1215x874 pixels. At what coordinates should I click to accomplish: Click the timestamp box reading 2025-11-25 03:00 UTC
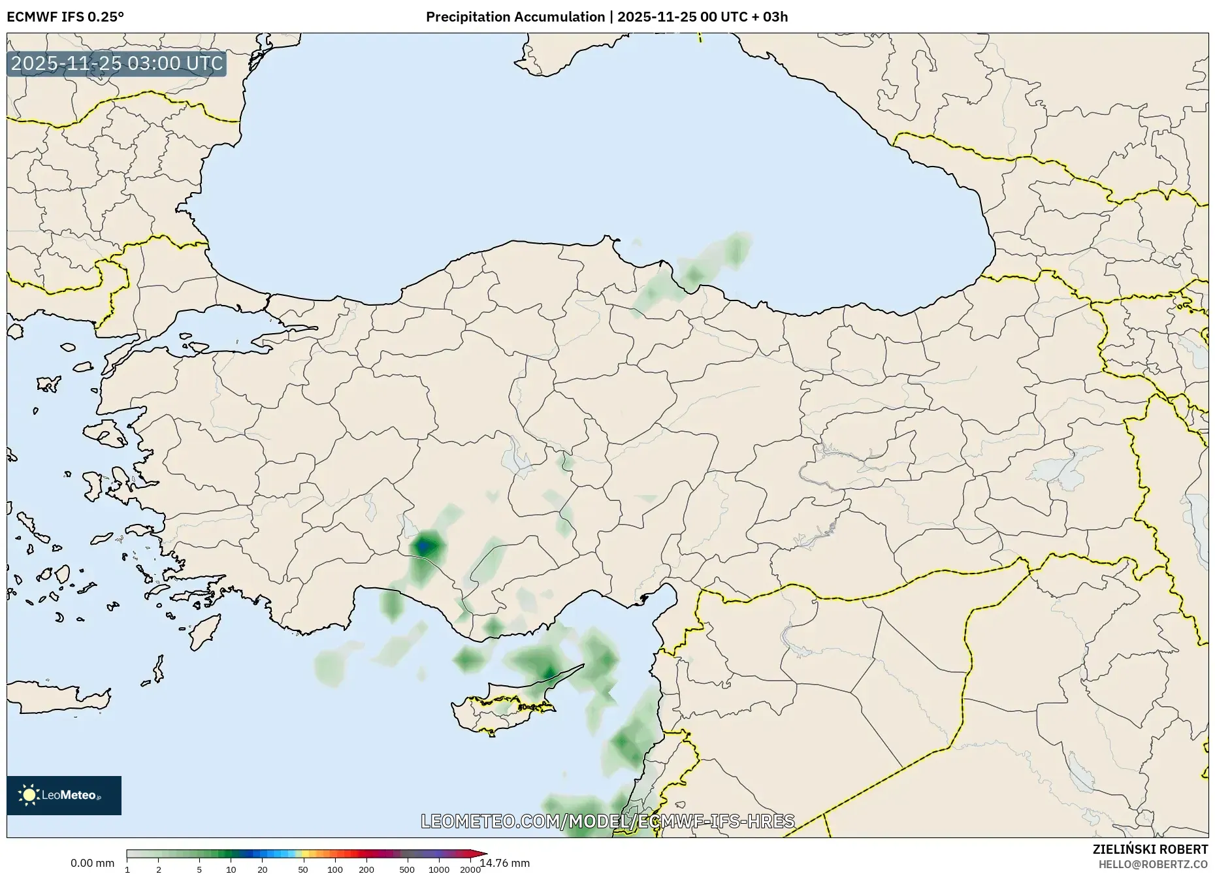(117, 64)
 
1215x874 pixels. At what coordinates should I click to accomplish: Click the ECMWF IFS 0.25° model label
(65, 16)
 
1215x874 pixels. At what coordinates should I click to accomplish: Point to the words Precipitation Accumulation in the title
(515, 16)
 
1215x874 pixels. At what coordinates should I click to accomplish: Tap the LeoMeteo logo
(64, 795)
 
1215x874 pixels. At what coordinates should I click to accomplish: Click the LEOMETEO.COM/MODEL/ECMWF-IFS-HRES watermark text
(607, 821)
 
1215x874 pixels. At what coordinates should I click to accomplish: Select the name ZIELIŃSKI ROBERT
(1150, 849)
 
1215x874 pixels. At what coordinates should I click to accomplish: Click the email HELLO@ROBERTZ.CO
(1153, 864)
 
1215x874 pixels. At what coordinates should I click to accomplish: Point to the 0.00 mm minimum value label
(92, 863)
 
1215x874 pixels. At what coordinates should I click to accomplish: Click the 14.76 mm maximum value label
(505, 863)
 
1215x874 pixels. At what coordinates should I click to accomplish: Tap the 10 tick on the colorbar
(231, 869)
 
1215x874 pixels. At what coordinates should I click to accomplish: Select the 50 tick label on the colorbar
(302, 869)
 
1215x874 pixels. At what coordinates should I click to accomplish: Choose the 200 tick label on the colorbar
(366, 869)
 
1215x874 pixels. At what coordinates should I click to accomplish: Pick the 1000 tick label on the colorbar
(438, 869)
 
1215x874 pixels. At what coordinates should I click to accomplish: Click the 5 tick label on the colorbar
(199, 869)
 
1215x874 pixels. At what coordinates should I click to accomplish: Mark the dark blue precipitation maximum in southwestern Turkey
(424, 545)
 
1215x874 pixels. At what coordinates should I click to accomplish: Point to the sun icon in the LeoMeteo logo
(29, 795)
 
